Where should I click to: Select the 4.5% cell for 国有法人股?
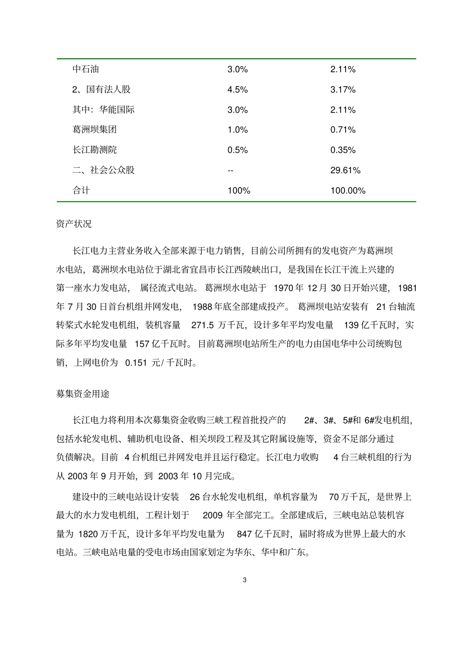(x=237, y=90)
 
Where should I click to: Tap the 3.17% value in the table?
(x=343, y=90)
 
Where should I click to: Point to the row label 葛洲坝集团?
(x=95, y=130)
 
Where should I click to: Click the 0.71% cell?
(x=343, y=130)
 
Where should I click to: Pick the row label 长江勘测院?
(x=95, y=150)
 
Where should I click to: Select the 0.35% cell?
(x=343, y=150)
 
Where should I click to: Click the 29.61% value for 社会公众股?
(x=345, y=170)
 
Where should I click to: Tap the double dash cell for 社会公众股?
(x=231, y=170)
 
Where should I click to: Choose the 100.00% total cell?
(x=348, y=190)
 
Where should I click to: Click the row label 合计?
(x=81, y=190)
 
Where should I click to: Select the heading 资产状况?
(x=74, y=224)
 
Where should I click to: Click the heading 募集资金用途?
(x=83, y=394)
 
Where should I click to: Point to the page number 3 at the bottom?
(x=244, y=580)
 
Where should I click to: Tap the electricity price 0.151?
(x=136, y=363)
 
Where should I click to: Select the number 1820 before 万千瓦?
(x=88, y=534)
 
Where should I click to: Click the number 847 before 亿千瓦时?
(x=244, y=534)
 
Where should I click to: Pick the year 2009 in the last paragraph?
(x=213, y=515)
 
